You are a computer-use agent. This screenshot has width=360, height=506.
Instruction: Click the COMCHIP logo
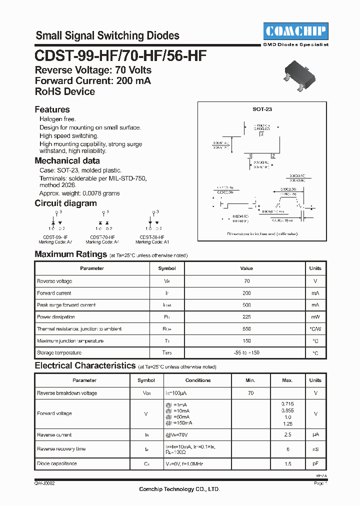tap(295, 31)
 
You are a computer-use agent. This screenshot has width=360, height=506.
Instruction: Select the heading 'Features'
tap(52, 109)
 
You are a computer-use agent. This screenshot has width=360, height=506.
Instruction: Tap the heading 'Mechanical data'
tap(67, 161)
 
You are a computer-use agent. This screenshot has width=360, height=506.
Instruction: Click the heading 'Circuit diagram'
tap(65, 203)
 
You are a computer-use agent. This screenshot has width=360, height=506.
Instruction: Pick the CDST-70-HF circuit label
tap(102, 237)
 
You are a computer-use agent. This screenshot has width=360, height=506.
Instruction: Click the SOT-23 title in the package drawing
tap(262, 108)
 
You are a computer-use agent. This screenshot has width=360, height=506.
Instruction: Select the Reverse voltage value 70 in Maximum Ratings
tap(246, 281)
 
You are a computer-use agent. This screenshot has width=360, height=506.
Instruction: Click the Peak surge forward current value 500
tap(246, 305)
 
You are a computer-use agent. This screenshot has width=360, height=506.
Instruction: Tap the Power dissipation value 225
tap(246, 317)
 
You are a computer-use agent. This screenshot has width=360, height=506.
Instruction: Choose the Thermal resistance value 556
tap(246, 329)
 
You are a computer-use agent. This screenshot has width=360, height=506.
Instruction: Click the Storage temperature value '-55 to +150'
tap(246, 353)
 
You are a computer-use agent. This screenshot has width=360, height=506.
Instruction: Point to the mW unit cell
tap(315, 317)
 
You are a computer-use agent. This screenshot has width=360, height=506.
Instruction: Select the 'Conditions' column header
tap(198, 380)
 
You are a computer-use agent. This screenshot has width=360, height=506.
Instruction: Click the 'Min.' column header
tap(250, 380)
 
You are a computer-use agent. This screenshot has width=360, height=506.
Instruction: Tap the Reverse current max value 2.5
tap(287, 435)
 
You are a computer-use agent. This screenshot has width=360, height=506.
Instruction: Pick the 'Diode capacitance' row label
tap(57, 463)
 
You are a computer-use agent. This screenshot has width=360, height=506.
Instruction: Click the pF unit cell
tap(315, 463)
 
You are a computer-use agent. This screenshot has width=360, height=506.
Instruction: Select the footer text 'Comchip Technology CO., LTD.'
tap(179, 489)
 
